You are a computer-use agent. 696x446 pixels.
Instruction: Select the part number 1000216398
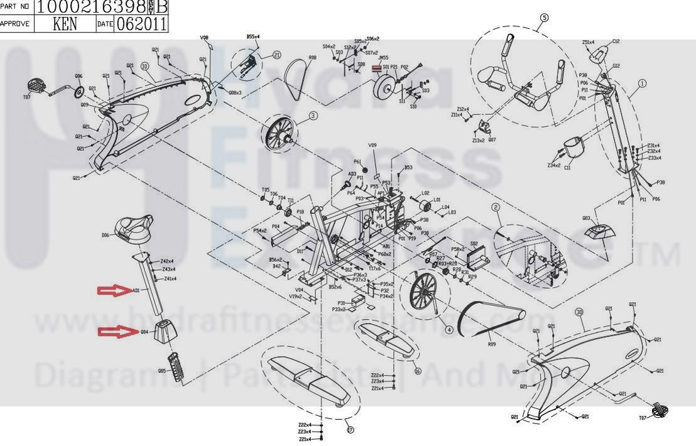[x=92, y=7]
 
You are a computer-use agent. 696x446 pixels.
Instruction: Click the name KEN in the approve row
[x=65, y=24]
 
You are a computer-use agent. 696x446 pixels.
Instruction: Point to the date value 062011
[x=141, y=24]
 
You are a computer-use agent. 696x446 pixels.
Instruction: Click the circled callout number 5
[x=544, y=18]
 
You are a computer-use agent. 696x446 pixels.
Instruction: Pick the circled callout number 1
[x=642, y=83]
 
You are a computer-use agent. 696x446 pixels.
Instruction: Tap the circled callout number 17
[x=350, y=430]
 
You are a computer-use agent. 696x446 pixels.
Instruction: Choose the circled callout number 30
[x=578, y=312]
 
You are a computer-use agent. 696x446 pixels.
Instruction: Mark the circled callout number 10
[x=144, y=66]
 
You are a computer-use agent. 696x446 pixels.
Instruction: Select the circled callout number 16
[x=417, y=371]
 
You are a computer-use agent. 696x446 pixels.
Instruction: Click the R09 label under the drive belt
[x=492, y=345]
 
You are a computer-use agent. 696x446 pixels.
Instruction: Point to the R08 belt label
[x=312, y=58]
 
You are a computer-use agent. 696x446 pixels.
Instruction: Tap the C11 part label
[x=567, y=168]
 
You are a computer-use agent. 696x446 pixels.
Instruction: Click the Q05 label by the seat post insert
[x=161, y=371]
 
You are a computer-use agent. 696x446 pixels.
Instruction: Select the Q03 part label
[x=586, y=219]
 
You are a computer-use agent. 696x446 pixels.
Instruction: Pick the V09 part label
[x=372, y=146]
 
